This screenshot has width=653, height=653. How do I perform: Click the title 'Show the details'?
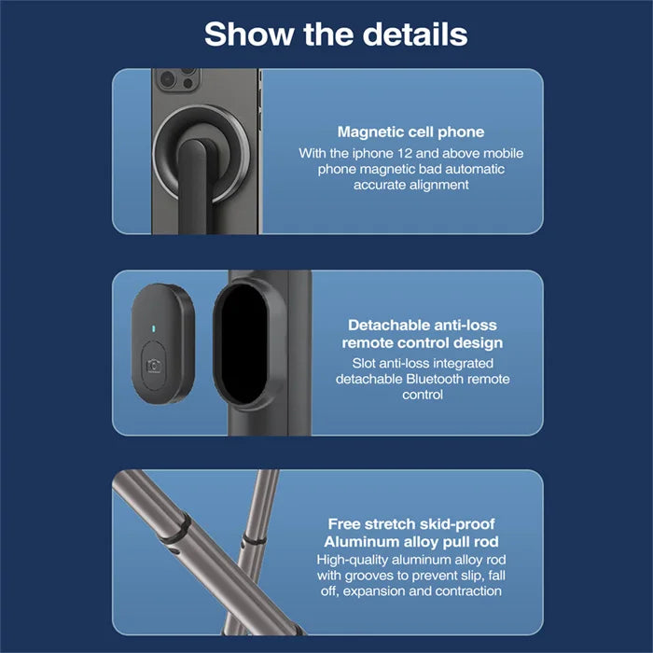tap(336, 35)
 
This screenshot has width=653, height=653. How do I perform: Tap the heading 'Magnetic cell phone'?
tap(411, 132)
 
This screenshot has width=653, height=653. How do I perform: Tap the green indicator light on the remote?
tap(152, 329)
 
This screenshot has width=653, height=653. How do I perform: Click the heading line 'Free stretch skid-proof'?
tap(410, 524)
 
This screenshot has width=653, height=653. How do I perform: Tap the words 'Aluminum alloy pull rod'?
tap(410, 542)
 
